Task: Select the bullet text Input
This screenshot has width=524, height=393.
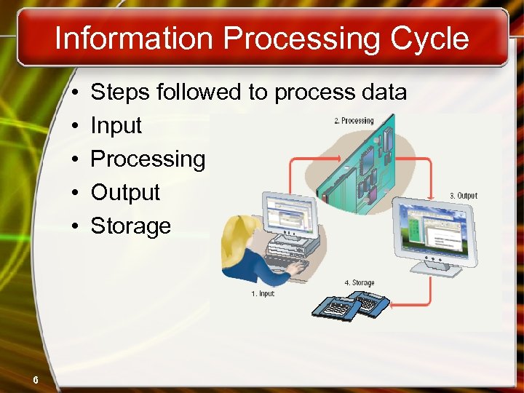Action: coord(116,126)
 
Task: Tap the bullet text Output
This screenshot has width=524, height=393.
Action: coord(124,193)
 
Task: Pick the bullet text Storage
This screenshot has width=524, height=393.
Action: coord(130,226)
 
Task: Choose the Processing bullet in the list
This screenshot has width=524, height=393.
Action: coord(148,159)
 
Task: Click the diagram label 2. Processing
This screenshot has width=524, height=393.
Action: coord(354,121)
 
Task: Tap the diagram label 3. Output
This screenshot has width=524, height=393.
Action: coord(463,196)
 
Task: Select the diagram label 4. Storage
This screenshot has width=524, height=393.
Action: coord(359,283)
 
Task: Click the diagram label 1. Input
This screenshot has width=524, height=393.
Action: coord(262,294)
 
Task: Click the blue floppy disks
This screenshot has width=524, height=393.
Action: coord(349,305)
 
